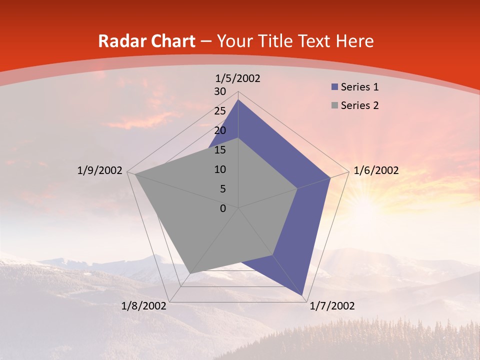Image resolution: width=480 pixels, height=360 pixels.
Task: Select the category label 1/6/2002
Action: click(x=376, y=170)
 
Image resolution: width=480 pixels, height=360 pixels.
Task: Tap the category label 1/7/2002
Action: click(x=332, y=306)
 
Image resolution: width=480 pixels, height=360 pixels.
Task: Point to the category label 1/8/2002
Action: click(x=144, y=306)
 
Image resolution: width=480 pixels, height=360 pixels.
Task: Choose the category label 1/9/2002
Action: click(x=99, y=170)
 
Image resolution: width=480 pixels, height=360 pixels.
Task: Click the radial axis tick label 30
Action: click(x=220, y=91)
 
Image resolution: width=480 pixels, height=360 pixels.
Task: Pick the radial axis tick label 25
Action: click(x=220, y=111)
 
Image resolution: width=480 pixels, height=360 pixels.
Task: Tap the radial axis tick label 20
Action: click(x=220, y=130)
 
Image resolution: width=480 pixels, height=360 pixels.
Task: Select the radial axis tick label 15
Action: click(x=220, y=150)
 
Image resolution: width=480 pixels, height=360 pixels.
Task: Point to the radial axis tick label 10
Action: click(x=220, y=169)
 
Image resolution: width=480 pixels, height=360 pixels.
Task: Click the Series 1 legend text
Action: click(x=359, y=87)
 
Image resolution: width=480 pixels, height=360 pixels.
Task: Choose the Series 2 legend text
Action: click(x=359, y=105)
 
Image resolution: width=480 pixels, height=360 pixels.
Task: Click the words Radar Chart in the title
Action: click(x=146, y=41)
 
